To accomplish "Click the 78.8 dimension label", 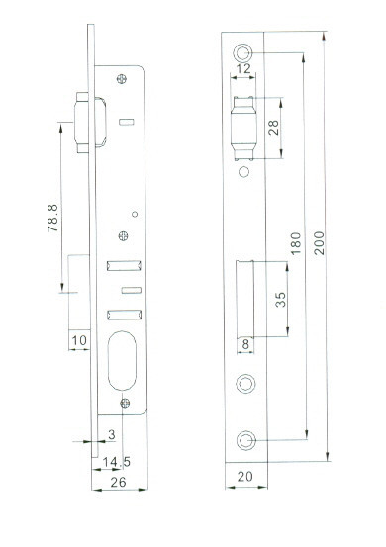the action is click(x=52, y=219).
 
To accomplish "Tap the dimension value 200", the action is click(x=319, y=242).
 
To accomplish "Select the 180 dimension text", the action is click(x=295, y=243).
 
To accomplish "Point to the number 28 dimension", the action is click(x=273, y=128).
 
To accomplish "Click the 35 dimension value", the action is click(x=280, y=300).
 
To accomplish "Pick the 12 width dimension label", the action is click(x=243, y=68).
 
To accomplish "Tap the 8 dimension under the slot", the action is click(x=245, y=344).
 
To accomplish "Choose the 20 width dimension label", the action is click(x=245, y=476).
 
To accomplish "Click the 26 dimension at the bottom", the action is click(x=119, y=482).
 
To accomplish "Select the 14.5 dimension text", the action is click(x=117, y=462).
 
